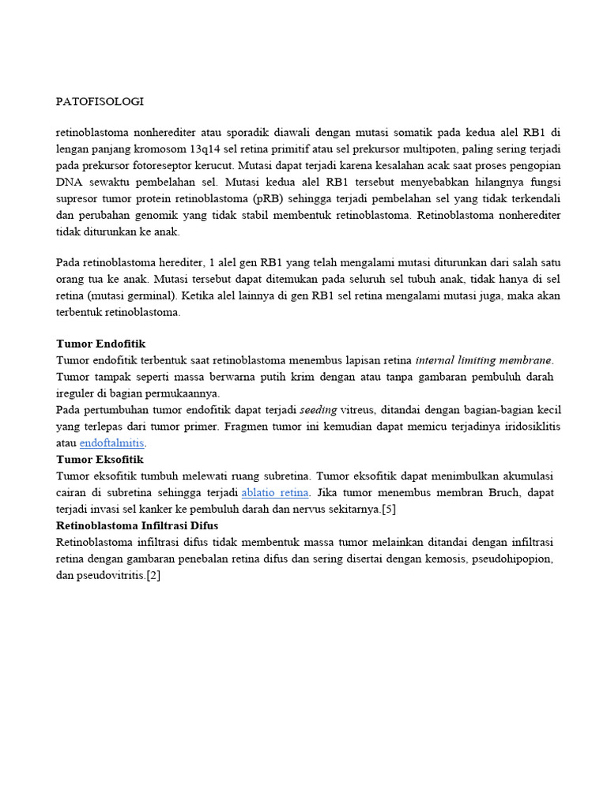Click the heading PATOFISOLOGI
click(x=100, y=102)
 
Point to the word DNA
click(x=70, y=182)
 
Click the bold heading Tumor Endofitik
click(x=100, y=344)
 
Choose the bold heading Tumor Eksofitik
click(x=100, y=459)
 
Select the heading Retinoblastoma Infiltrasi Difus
click(x=137, y=525)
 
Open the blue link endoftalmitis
click(x=112, y=443)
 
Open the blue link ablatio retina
click(x=275, y=493)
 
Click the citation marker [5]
click(x=388, y=510)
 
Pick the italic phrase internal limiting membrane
click(x=483, y=360)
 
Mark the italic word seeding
click(x=318, y=410)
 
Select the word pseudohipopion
click(x=510, y=559)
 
